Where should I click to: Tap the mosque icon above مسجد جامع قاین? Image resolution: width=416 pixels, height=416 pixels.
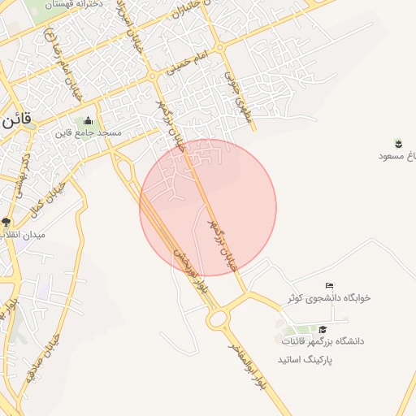[x=88, y=121]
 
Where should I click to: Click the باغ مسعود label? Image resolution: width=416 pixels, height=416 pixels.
[x=398, y=154]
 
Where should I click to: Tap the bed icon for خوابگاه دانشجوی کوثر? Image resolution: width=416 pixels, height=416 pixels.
[x=328, y=286]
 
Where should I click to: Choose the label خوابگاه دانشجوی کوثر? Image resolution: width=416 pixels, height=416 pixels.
[x=328, y=298]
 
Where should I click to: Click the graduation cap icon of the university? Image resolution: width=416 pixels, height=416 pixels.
[x=323, y=330]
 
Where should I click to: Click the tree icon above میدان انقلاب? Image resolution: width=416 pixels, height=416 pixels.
[x=6, y=222]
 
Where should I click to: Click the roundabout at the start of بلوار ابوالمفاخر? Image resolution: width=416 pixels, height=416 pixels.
[x=218, y=319]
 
